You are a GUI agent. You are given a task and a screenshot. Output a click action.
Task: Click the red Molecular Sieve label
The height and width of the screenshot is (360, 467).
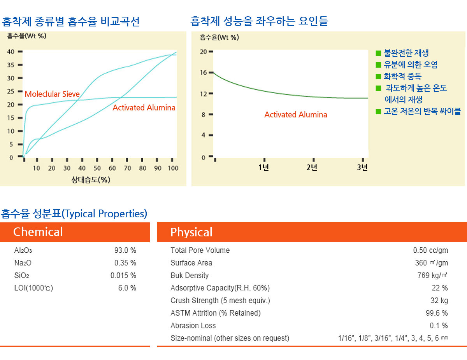(52, 94)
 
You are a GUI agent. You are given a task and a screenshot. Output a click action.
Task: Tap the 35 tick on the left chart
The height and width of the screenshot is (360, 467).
(11, 65)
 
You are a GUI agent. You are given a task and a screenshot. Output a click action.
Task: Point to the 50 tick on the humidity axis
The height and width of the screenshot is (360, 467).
(97, 168)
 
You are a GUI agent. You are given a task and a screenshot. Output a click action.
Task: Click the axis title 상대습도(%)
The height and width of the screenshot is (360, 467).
(90, 180)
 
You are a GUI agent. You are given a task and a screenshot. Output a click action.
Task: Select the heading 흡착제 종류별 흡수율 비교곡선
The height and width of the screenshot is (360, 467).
(70, 21)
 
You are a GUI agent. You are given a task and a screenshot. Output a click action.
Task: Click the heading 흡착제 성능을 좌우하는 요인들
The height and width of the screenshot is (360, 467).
(259, 21)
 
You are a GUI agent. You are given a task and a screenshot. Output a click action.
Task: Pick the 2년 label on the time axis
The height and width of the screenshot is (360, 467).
(312, 168)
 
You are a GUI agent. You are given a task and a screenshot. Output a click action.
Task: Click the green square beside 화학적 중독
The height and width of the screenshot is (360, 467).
(378, 77)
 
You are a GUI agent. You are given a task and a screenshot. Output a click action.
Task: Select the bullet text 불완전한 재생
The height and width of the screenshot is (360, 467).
(406, 53)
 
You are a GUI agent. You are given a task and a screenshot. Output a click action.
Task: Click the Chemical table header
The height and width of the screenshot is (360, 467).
(38, 232)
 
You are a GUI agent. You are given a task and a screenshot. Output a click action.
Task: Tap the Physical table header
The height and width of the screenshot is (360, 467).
(191, 232)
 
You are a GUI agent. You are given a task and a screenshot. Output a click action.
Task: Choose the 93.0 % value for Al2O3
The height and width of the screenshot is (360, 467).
(125, 250)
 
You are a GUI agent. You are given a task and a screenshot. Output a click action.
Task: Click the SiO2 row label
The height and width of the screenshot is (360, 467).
(22, 276)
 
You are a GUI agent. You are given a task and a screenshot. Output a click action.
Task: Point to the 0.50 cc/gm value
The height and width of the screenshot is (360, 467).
(430, 250)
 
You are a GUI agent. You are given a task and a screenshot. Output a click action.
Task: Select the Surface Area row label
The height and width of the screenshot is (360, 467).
(191, 263)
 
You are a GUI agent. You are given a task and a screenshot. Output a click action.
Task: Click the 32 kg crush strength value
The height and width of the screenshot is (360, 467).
(439, 301)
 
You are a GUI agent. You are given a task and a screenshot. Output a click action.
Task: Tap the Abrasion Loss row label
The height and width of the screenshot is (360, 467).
(193, 326)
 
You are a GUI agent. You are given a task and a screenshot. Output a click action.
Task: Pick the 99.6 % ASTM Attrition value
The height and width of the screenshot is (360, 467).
(436, 313)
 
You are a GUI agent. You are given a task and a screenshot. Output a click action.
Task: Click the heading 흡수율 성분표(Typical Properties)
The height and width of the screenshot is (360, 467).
(74, 213)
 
